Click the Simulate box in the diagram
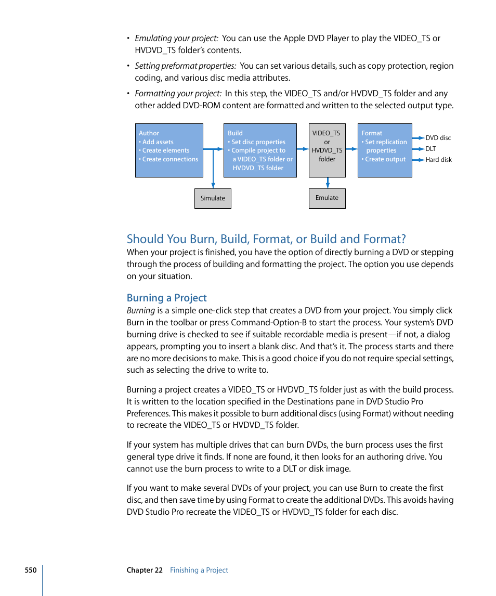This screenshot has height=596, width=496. (x=213, y=198)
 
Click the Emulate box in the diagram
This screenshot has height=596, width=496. (x=327, y=198)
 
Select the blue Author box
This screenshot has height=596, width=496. (x=169, y=150)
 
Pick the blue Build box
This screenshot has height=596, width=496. (x=260, y=150)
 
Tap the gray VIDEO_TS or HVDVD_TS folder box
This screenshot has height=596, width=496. (x=327, y=150)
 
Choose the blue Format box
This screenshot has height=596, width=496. (x=385, y=150)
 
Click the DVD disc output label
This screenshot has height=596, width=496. (x=438, y=138)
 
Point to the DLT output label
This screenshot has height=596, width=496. (x=430, y=149)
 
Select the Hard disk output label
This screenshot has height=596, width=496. (x=438, y=160)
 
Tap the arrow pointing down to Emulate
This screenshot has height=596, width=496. (x=328, y=183)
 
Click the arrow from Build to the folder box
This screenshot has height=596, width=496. (x=303, y=149)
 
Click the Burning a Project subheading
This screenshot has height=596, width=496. (x=167, y=298)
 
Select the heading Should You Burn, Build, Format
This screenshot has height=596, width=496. (x=266, y=239)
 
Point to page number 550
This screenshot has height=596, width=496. (x=31, y=570)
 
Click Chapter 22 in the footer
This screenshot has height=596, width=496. (x=145, y=570)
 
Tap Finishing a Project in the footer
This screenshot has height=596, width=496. (x=199, y=570)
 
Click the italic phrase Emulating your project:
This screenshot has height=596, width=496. (x=176, y=39)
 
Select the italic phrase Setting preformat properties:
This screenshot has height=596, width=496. (x=185, y=66)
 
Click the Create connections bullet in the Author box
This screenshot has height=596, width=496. (x=170, y=159)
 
